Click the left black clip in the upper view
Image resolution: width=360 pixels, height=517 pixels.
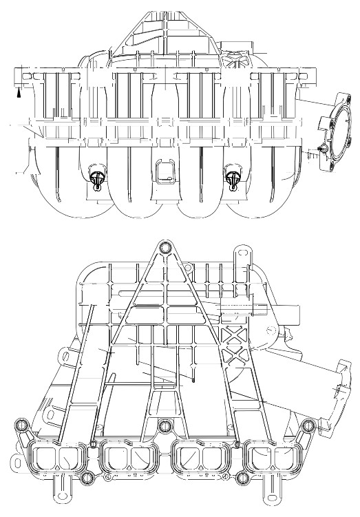click(98, 178)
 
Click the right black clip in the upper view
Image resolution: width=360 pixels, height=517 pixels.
click(231, 178)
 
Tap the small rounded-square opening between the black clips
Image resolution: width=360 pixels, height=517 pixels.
click(166, 170)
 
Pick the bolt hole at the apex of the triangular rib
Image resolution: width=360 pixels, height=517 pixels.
click(165, 249)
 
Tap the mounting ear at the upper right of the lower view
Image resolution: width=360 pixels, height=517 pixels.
click(240, 253)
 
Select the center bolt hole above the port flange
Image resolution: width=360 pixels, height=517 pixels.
click(165, 426)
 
